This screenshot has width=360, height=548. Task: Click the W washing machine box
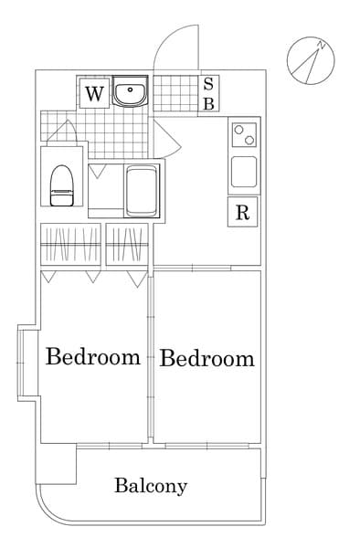click(x=94, y=93)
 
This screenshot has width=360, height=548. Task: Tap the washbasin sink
click(x=131, y=91)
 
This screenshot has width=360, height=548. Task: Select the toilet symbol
click(x=62, y=185)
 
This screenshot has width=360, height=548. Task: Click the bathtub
click(x=142, y=191)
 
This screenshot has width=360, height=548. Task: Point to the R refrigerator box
click(x=242, y=212)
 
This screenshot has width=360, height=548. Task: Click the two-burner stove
click(x=244, y=135)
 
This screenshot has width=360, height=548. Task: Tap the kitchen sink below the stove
click(x=244, y=172)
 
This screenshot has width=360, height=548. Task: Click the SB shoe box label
click(x=208, y=93)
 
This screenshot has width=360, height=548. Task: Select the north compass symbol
click(x=311, y=60)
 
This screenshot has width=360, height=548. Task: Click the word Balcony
click(x=151, y=486)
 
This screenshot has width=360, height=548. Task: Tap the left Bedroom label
click(x=93, y=356)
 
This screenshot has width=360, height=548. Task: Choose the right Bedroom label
click(x=206, y=359)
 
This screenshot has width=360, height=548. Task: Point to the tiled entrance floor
click(x=175, y=93)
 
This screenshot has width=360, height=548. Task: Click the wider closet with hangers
click(x=71, y=244)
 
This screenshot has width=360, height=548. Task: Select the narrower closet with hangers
click(x=127, y=244)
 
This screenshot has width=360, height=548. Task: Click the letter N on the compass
click(x=322, y=45)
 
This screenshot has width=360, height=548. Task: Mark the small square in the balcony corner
click(x=58, y=464)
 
